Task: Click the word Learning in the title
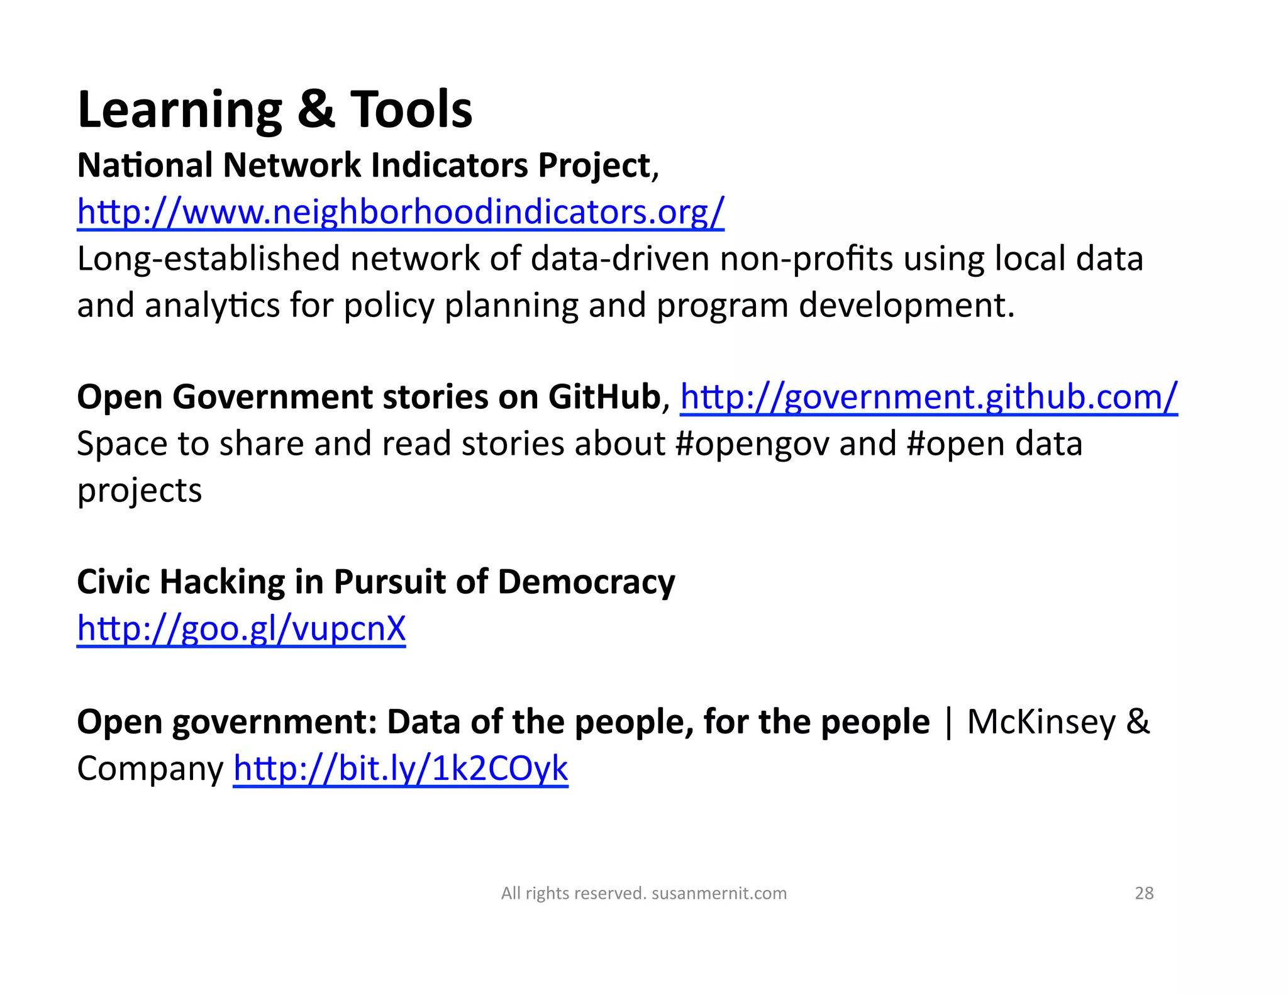coord(180,111)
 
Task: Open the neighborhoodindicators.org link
coord(401,211)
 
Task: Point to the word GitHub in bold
coord(604,397)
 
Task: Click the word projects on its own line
coord(140,491)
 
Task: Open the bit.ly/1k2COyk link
coord(401,768)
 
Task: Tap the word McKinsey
coord(1041,721)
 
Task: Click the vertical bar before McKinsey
coord(948,722)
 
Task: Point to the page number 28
coord(1144,893)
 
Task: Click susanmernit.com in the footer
coord(719,893)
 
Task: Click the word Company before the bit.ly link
coord(150,769)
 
